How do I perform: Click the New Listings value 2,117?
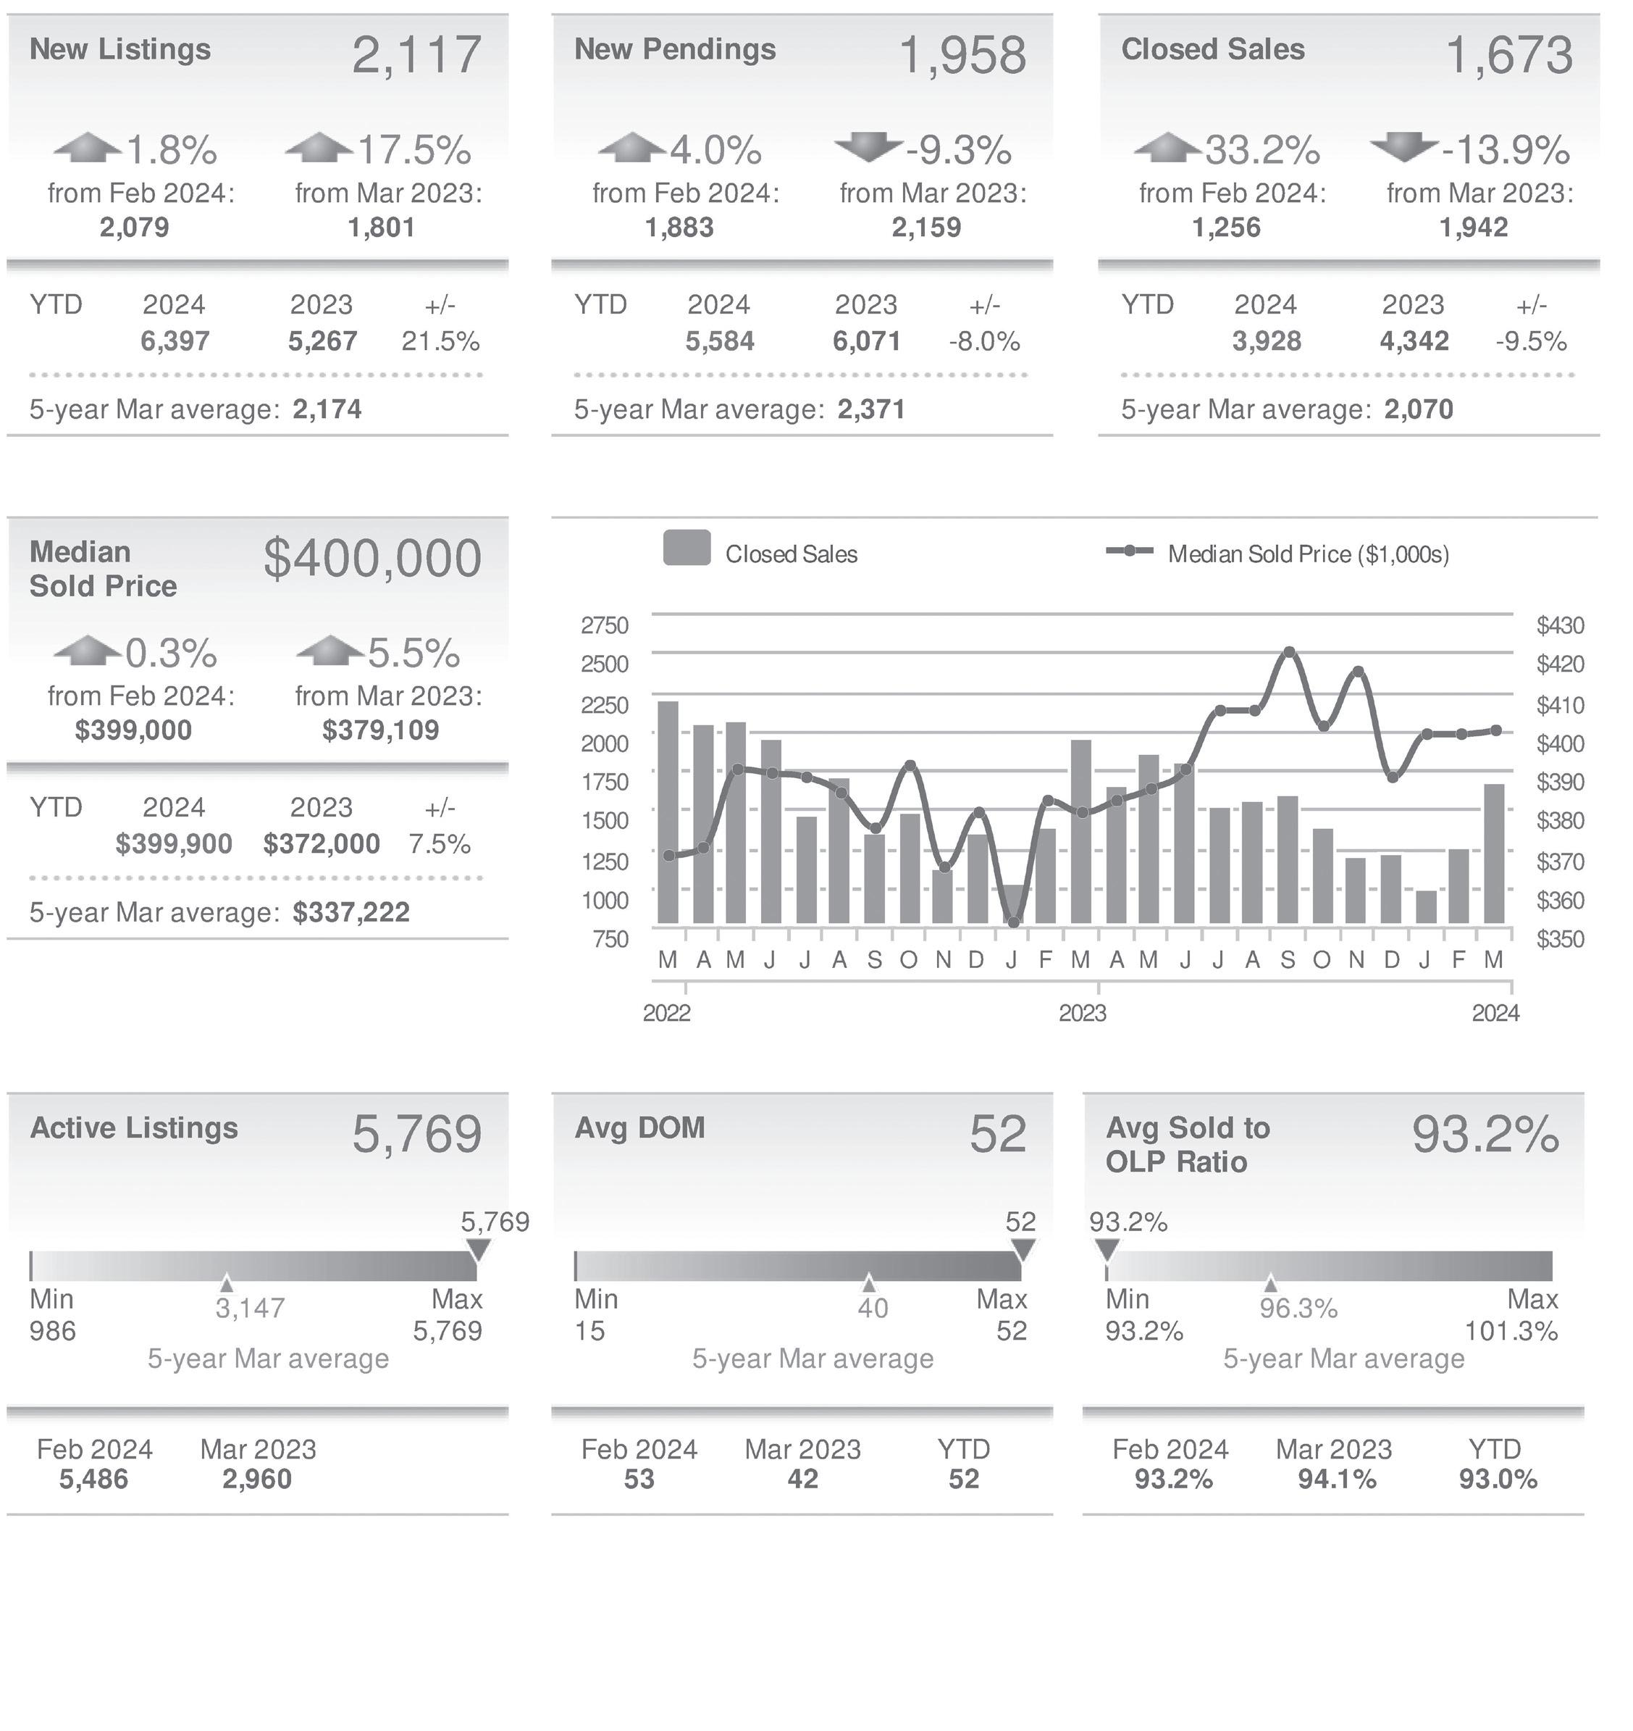tap(416, 55)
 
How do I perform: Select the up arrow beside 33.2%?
tap(1167, 146)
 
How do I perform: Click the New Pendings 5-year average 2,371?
tap(871, 409)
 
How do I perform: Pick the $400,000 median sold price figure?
tap(372, 558)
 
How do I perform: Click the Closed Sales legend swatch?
tap(686, 549)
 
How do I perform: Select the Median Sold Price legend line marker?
tap(1129, 551)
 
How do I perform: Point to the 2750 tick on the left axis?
tap(604, 625)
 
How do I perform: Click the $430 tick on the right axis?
tap(1560, 625)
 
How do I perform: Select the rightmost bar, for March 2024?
tap(1494, 854)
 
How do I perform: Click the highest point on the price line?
tap(1289, 651)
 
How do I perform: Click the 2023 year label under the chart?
tap(1082, 1013)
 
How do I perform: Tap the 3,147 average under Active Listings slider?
tap(250, 1308)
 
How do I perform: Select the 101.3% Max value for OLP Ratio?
tap(1511, 1330)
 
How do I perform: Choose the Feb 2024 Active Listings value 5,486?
tap(93, 1479)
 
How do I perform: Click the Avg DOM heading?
tap(639, 1127)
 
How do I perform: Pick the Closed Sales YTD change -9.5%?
tap(1531, 341)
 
